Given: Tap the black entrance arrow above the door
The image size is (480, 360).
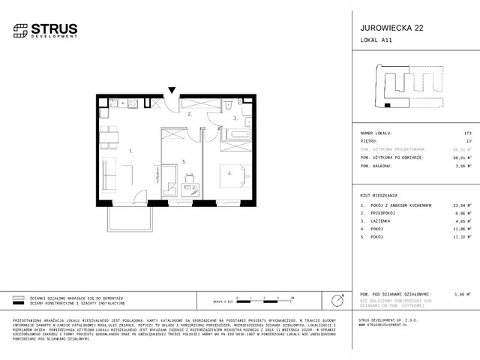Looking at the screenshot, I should [173, 91].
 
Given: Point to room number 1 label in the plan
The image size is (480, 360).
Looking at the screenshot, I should [130, 151].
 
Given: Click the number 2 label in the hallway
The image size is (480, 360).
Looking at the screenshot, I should [190, 116].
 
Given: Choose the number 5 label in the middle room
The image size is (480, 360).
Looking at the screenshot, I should [183, 160].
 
